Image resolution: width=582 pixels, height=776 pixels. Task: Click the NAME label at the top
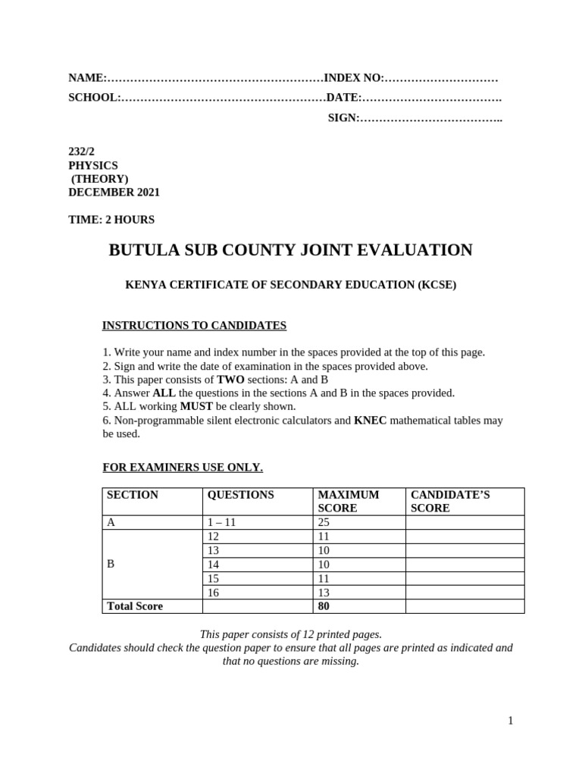tap(86, 78)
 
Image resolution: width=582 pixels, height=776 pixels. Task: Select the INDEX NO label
tap(354, 78)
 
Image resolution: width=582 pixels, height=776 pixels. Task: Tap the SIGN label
tap(343, 117)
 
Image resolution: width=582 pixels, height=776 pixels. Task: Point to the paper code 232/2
tap(82, 152)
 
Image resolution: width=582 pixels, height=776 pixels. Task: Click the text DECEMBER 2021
tap(114, 192)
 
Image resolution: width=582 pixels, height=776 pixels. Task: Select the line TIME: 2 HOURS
tap(111, 220)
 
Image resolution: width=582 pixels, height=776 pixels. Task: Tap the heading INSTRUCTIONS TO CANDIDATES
tap(194, 326)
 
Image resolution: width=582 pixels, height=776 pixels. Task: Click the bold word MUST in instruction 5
tap(196, 407)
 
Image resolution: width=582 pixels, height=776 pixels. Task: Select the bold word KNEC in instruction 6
tap(370, 421)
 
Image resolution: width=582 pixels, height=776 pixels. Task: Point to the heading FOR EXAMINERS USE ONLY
tap(183, 468)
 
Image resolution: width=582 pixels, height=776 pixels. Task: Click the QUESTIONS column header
tap(241, 495)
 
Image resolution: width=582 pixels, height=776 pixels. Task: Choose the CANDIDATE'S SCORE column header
tap(450, 501)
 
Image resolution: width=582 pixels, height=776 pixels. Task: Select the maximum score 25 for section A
tap(324, 522)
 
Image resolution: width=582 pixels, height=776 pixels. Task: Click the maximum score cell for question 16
tap(324, 593)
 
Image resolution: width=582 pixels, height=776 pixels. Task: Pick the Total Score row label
tap(135, 606)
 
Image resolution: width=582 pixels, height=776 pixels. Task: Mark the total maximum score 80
tap(324, 606)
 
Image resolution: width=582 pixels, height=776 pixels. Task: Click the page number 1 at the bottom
tap(511, 721)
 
